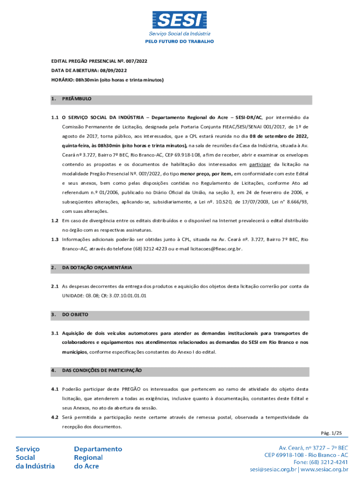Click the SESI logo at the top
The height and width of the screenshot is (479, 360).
[180, 20]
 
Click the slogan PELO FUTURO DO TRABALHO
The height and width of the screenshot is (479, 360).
[180, 42]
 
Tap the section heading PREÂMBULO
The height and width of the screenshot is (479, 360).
[77, 99]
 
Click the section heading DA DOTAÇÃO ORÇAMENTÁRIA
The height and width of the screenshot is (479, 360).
[97, 268]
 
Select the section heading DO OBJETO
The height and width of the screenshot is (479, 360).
[75, 314]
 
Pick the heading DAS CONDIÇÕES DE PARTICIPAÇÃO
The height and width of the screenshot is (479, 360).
[102, 370]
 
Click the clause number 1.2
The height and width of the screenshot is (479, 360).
[55, 220]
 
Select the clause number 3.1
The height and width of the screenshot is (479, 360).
[55, 334]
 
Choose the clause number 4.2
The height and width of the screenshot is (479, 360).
[55, 417]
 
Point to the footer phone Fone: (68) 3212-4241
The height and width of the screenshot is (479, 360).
[318, 462]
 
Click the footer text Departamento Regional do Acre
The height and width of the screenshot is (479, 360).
[98, 457]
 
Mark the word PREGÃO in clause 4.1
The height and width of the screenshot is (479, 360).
[131, 389]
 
